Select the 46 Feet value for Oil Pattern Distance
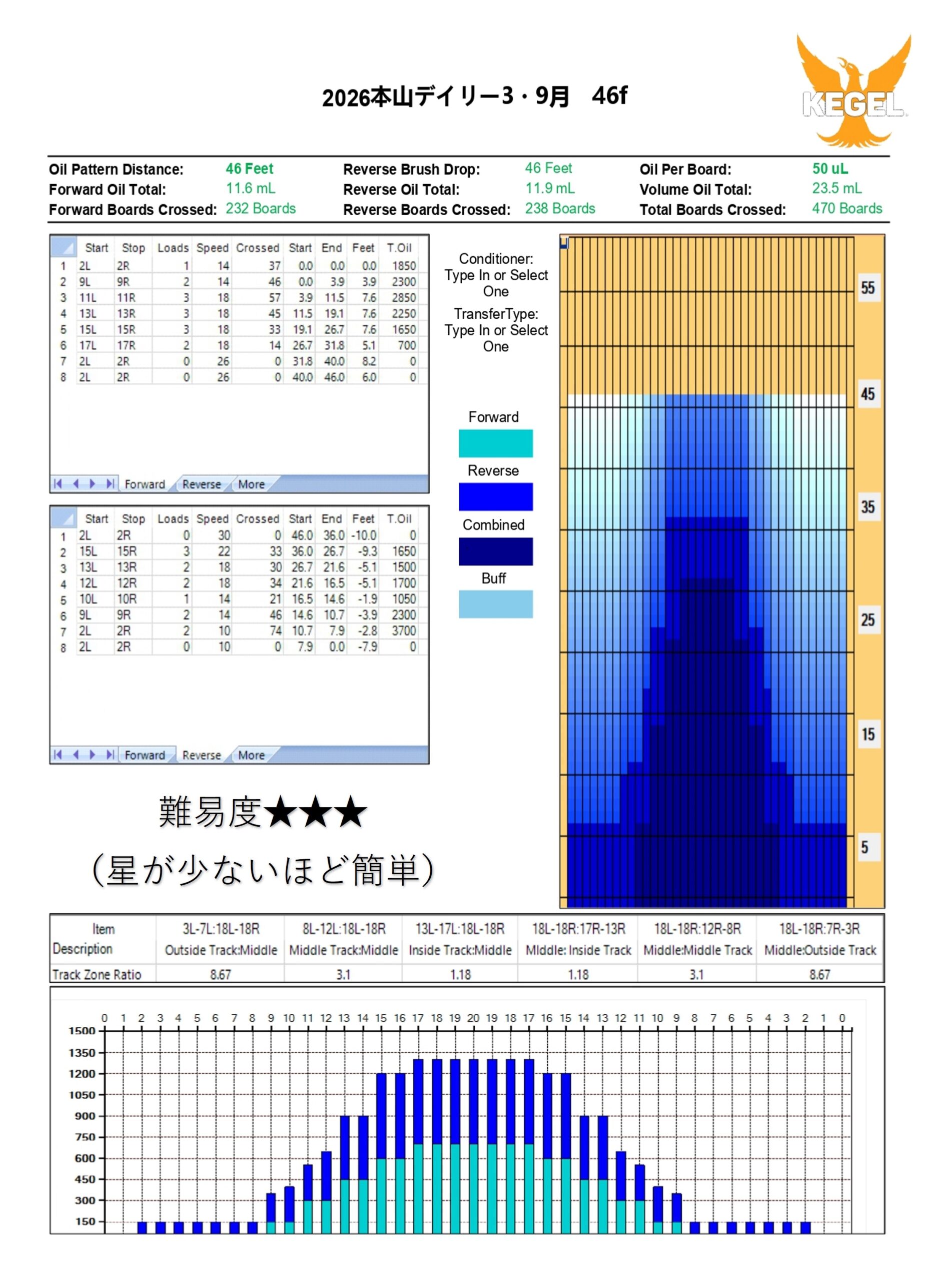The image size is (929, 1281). point(249,168)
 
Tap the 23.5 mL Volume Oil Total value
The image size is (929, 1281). point(836,188)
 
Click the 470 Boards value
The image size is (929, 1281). point(846,209)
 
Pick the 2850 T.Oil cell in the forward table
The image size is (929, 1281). point(404,298)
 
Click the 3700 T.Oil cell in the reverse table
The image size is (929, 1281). point(404,631)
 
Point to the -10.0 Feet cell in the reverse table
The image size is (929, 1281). point(364,535)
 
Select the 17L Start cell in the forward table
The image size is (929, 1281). point(88,345)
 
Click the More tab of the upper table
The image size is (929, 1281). point(251,484)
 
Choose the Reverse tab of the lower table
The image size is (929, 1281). point(201,755)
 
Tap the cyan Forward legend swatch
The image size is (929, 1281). point(495,443)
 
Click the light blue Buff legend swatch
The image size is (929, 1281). point(495,604)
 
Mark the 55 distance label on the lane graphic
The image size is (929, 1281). point(867,288)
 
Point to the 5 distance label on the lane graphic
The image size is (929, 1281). point(864,847)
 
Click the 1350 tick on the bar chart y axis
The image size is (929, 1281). point(82,1053)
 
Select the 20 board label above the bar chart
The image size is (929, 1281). point(473,1018)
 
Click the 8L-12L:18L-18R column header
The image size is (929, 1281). point(343,929)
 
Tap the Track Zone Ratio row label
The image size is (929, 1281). point(97,974)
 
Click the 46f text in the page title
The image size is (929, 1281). point(609,96)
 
